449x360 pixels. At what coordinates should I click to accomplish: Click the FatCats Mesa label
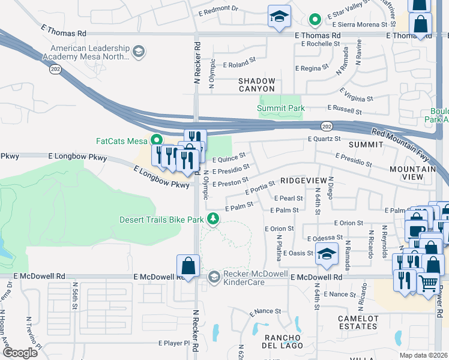click(x=122, y=141)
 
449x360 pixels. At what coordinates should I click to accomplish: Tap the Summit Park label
click(x=281, y=108)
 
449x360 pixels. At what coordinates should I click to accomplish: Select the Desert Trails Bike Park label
click(x=161, y=220)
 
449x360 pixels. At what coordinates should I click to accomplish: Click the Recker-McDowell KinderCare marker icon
click(x=214, y=277)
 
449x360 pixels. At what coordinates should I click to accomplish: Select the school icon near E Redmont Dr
click(x=279, y=17)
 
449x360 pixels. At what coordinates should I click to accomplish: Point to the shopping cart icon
click(x=428, y=283)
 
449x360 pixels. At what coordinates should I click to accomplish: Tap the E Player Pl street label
click(x=170, y=344)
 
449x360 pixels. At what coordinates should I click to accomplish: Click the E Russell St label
click(x=344, y=110)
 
